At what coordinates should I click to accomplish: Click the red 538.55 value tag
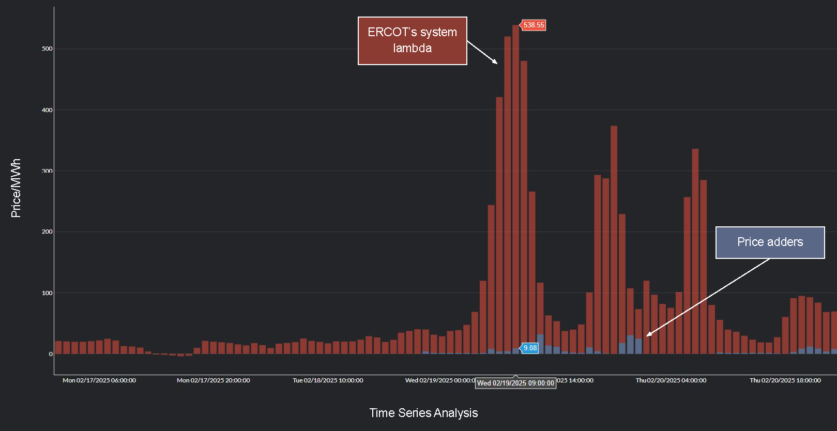pyautogui.click(x=534, y=25)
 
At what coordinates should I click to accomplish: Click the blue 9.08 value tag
pyautogui.click(x=530, y=348)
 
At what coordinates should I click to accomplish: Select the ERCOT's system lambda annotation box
pyautogui.click(x=412, y=41)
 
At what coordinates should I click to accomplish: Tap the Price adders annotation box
pyautogui.click(x=770, y=242)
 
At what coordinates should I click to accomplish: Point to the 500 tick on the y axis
pyautogui.click(x=47, y=49)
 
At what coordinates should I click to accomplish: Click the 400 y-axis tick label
pyautogui.click(x=47, y=110)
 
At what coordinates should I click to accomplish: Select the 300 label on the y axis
pyautogui.click(x=47, y=171)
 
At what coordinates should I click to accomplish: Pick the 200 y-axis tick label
pyautogui.click(x=47, y=232)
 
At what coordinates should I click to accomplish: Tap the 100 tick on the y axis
pyautogui.click(x=47, y=293)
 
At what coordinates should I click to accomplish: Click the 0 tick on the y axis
pyautogui.click(x=51, y=354)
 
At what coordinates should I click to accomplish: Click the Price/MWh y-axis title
pyautogui.click(x=16, y=188)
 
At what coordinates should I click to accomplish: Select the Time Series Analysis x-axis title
pyautogui.click(x=423, y=413)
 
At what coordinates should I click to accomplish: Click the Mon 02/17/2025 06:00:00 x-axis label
pyautogui.click(x=99, y=380)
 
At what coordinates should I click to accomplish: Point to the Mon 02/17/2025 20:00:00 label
pyautogui.click(x=213, y=380)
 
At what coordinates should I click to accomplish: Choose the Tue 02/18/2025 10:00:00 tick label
pyautogui.click(x=328, y=380)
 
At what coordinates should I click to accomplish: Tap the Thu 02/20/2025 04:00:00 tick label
pyautogui.click(x=671, y=380)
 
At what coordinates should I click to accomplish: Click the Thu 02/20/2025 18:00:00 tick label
pyautogui.click(x=785, y=380)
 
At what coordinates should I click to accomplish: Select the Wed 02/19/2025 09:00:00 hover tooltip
pyautogui.click(x=515, y=383)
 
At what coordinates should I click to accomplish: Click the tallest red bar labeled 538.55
pyautogui.click(x=515, y=186)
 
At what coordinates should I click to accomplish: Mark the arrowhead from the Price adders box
pyautogui.click(x=648, y=335)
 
